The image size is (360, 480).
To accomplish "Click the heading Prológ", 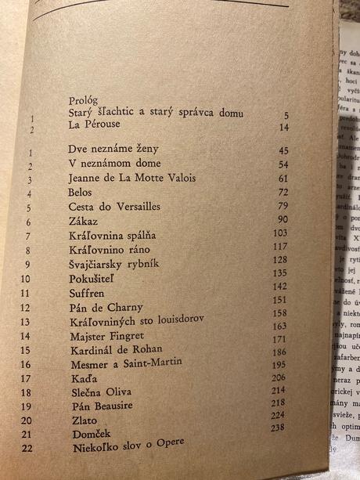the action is tap(81, 101).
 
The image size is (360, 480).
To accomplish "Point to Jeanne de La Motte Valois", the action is tap(131, 178).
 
